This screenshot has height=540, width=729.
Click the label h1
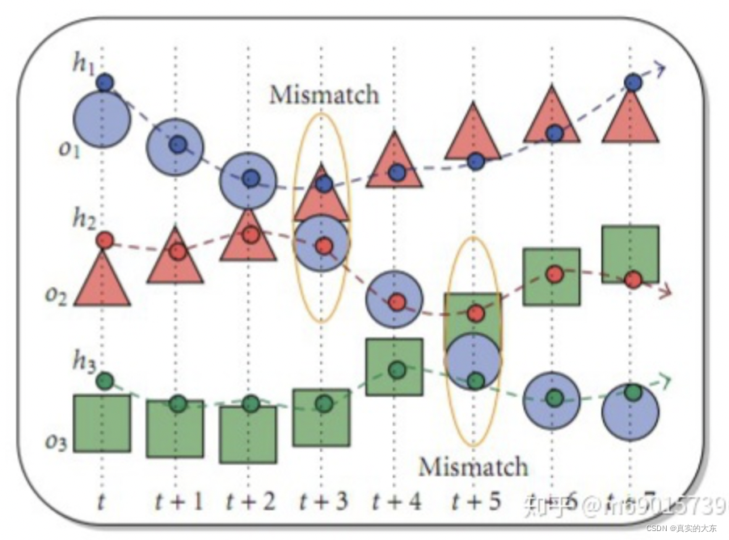[x=84, y=64]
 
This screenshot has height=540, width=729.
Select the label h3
[x=84, y=361]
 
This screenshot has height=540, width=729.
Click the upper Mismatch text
[x=324, y=95]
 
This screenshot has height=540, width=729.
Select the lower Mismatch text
[x=473, y=466]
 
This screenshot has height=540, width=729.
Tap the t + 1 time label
[x=179, y=501]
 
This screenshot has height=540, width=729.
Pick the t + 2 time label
[x=251, y=501]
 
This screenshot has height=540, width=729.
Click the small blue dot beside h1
[x=104, y=82]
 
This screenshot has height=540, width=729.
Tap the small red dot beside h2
[x=104, y=240]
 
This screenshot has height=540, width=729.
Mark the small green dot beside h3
[x=104, y=380]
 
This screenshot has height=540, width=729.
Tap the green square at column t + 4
[x=394, y=366]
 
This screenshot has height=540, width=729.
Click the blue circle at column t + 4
[x=395, y=300]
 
